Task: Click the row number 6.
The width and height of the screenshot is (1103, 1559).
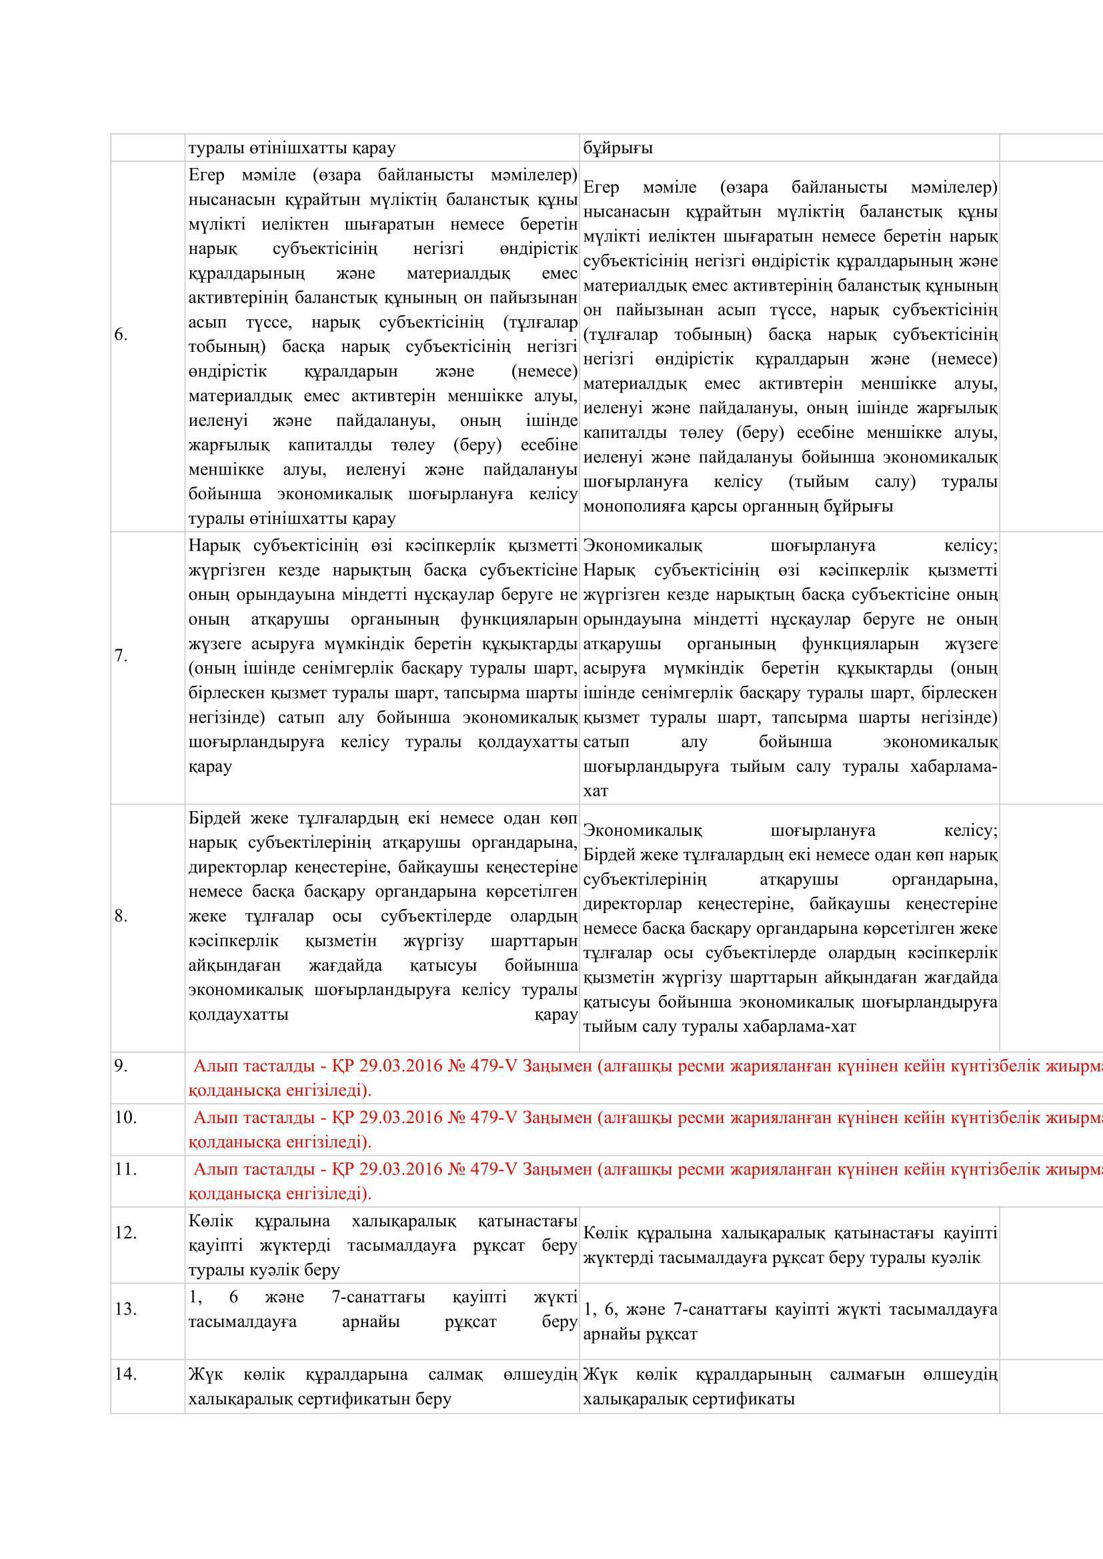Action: coord(121,335)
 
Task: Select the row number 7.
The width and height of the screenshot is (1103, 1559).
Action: coord(121,656)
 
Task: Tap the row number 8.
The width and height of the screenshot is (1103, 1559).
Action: coord(121,916)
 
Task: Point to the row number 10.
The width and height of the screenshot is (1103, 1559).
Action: coord(125,1116)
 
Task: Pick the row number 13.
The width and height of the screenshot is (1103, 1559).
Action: coord(125,1308)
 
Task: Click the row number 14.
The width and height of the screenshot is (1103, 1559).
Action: coord(125,1374)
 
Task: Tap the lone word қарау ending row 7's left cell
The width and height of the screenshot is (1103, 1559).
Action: coord(211,767)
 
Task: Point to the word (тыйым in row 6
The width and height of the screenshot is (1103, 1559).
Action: coord(818,482)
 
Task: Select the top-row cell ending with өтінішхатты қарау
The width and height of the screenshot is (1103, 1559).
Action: coord(292,148)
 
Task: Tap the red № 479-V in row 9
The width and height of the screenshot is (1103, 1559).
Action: coord(482,1065)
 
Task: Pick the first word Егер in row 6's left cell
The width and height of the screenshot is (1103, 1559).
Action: coord(207,175)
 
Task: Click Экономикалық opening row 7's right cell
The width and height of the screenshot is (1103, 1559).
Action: coord(642,546)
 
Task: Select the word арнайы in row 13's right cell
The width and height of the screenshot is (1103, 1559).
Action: coord(609,1334)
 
